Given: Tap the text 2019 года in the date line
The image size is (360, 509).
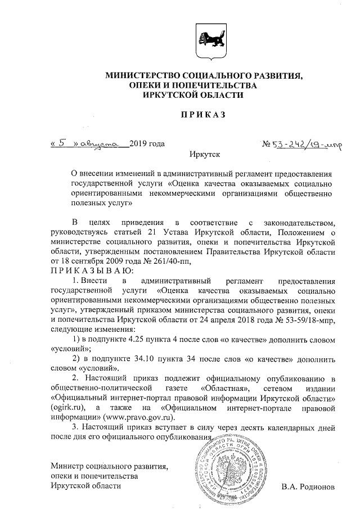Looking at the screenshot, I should (x=147, y=143).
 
